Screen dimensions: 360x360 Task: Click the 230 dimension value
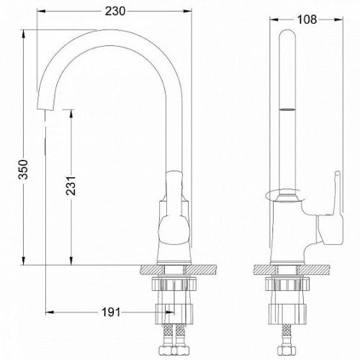(115, 12)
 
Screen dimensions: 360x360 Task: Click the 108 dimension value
(307, 19)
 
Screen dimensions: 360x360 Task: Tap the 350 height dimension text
(24, 169)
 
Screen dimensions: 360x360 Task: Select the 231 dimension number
(71, 186)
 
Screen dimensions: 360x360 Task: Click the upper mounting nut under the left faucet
(174, 284)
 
